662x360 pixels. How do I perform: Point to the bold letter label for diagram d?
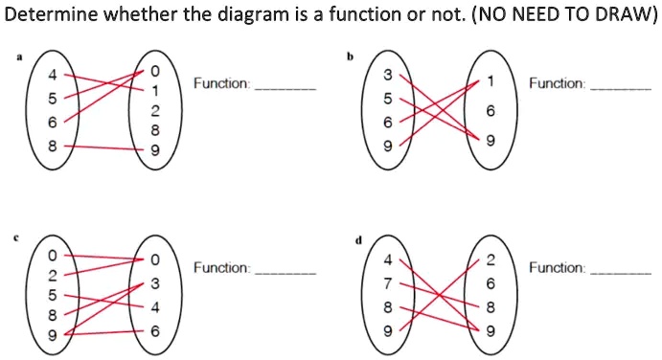pyautogui.click(x=356, y=241)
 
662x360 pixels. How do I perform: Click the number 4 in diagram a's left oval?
pyautogui.click(x=54, y=76)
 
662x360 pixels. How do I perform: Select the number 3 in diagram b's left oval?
pyautogui.click(x=388, y=76)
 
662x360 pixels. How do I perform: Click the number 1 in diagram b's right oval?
pyautogui.click(x=490, y=82)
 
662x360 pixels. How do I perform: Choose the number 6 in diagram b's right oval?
pyautogui.click(x=490, y=112)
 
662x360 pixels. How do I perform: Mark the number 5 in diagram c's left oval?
pyautogui.click(x=54, y=294)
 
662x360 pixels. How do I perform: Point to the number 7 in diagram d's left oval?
pyautogui.click(x=388, y=284)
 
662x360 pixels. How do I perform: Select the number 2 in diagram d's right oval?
pyautogui.click(x=490, y=260)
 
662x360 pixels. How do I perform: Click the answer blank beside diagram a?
pyautogui.click(x=285, y=87)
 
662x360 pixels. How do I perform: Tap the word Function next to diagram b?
pyautogui.click(x=557, y=83)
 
